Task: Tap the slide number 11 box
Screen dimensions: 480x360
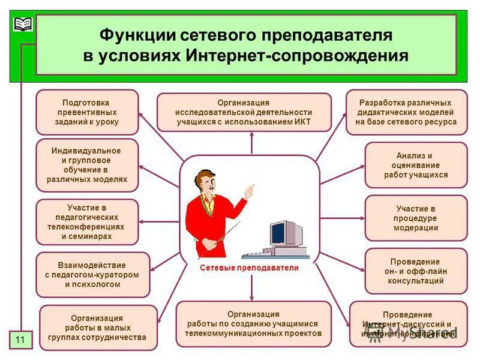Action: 20,340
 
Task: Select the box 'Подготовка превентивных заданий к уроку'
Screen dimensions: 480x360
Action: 87,112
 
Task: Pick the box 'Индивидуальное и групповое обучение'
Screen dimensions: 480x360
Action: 87,165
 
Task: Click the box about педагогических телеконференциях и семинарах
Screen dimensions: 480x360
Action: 87,222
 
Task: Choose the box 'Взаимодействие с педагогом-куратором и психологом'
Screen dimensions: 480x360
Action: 92,275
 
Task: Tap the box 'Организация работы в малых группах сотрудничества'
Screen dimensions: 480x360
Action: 97,328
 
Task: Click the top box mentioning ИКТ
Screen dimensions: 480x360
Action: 244,112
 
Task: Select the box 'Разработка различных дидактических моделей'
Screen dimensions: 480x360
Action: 406,112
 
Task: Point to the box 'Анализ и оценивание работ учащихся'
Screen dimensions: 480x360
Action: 416,165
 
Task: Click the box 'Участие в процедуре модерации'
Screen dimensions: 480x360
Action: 416,218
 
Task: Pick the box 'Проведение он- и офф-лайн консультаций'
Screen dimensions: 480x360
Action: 416,271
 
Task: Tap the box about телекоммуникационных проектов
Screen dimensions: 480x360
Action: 253,324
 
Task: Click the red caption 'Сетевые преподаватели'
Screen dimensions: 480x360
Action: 249,268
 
